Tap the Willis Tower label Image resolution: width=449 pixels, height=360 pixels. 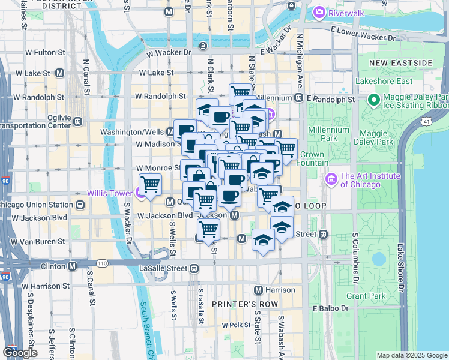click(x=110, y=193)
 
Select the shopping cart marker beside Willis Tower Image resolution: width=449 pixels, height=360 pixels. click(x=150, y=184)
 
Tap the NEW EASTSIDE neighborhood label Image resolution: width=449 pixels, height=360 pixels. click(x=401, y=62)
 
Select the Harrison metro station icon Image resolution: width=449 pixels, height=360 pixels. click(x=258, y=290)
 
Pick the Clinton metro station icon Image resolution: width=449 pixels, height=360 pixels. click(x=72, y=265)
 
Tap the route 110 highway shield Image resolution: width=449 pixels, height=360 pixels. click(x=102, y=263)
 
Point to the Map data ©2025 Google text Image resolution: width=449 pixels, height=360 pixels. click(x=412, y=355)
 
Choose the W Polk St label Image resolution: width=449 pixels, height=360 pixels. click(x=236, y=325)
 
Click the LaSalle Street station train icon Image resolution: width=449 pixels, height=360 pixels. click(x=194, y=269)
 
